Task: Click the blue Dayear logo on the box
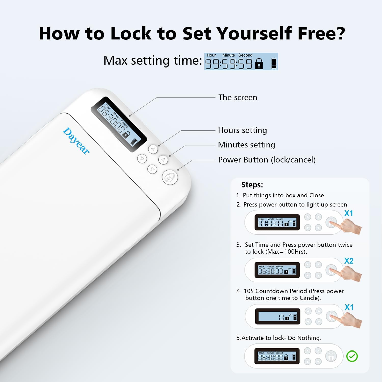click(x=76, y=141)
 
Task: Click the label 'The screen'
click(x=238, y=98)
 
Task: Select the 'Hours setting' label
click(x=242, y=130)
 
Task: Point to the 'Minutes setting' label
click(x=246, y=145)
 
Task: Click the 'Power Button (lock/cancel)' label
click(x=267, y=160)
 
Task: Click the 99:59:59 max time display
click(x=228, y=64)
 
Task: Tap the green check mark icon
click(x=352, y=356)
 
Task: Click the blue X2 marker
click(x=349, y=261)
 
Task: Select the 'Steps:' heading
click(x=252, y=185)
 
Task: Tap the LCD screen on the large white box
click(x=119, y=125)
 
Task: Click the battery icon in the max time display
click(x=274, y=63)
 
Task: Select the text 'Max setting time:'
click(x=153, y=61)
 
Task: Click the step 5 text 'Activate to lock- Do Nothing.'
click(x=279, y=338)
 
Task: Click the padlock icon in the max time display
click(x=259, y=64)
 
